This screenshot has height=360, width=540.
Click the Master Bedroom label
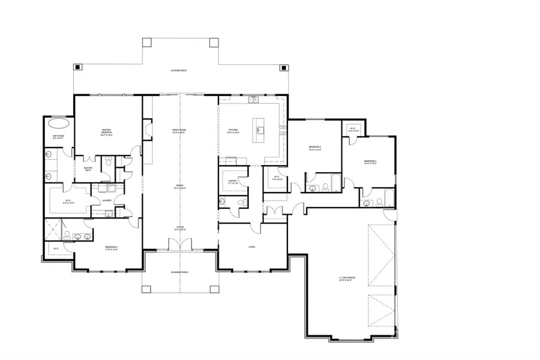coord(107,132)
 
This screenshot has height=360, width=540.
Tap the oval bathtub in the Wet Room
coord(58,124)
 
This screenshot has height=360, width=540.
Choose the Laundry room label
coord(107,201)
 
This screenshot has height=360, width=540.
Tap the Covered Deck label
coord(179,71)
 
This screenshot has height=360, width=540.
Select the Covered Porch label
coord(179,272)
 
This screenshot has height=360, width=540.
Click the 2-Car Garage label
coord(346,278)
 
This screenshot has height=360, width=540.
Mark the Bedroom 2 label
coord(111,247)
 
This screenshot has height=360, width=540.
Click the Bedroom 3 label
coord(370,162)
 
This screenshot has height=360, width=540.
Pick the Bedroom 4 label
coord(316,148)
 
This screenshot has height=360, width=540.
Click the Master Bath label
coord(88,169)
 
